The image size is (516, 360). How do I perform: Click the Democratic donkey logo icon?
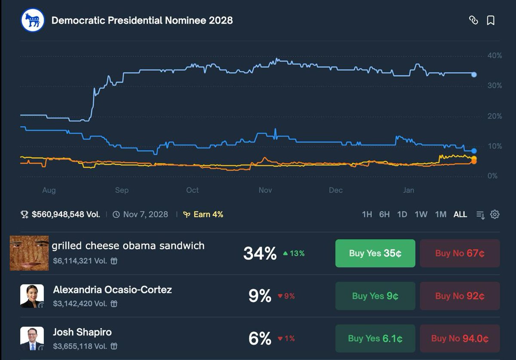(x=33, y=20)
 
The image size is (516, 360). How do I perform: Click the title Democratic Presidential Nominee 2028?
(x=142, y=20)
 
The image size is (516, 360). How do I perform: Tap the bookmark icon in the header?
(x=491, y=20)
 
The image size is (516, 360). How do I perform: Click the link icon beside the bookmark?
(x=473, y=20)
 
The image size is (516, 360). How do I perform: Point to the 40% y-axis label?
(x=494, y=55)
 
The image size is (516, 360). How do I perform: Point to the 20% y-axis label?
(x=494, y=116)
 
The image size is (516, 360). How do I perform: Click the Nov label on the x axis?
(x=265, y=190)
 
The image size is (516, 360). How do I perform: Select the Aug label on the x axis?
(x=49, y=190)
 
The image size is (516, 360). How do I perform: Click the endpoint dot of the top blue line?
(x=474, y=74)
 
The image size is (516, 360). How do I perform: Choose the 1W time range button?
(x=421, y=214)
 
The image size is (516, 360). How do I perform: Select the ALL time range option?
(x=460, y=214)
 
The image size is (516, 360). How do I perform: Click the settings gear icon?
(x=495, y=214)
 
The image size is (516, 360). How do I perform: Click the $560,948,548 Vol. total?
(x=65, y=214)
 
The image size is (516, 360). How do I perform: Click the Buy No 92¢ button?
(x=460, y=296)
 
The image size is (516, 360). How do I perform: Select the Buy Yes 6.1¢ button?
(x=375, y=339)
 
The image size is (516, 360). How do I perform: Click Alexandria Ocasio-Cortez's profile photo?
(x=32, y=296)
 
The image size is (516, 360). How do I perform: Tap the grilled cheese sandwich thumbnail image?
(x=29, y=253)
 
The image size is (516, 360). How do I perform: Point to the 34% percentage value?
(x=260, y=253)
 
